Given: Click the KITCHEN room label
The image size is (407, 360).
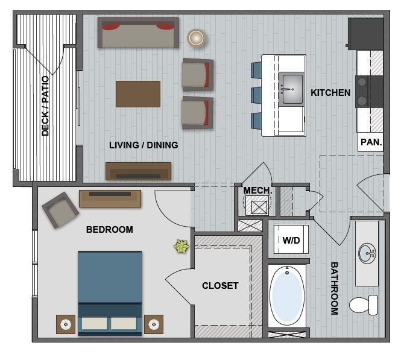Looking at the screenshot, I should [x=330, y=93].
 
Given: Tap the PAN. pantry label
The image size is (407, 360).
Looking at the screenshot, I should [x=371, y=143].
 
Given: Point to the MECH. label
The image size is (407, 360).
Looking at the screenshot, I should [x=257, y=191].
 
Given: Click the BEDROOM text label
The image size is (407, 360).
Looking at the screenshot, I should [x=109, y=230].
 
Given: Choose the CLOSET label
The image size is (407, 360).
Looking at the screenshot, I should [x=220, y=286].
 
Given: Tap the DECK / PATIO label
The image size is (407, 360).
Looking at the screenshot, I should [x=45, y=106].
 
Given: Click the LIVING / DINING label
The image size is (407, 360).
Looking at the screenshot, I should [x=144, y=145].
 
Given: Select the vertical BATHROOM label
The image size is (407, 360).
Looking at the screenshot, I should [x=333, y=288].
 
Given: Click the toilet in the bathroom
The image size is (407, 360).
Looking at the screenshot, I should [x=364, y=305].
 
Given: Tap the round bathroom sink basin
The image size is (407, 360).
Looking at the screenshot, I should [x=367, y=254].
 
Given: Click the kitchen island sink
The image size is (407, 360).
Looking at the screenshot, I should [x=292, y=88].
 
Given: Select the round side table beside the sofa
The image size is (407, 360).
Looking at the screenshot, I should [x=196, y=38].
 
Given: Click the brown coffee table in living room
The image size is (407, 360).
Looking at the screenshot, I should [x=138, y=94].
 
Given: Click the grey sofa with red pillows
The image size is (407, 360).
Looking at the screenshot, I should [x=139, y=33].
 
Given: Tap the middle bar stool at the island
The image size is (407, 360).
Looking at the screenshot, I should [x=256, y=95].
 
